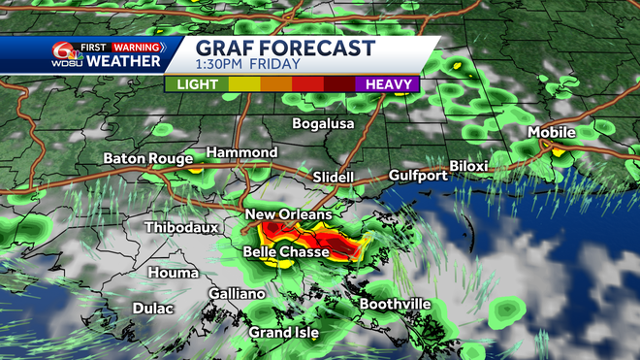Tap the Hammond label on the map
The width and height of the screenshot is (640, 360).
coord(241,153)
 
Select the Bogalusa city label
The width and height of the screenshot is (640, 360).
coord(324,124)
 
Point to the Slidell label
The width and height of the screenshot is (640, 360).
coord(334,178)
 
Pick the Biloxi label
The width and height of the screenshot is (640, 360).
coord(469,166)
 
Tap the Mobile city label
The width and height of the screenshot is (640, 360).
coord(552,132)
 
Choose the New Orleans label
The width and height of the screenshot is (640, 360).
coord(289,214)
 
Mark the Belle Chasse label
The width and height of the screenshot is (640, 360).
coord(284,252)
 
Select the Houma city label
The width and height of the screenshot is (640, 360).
coord(174,273)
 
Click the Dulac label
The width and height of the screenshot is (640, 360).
coord(153,309)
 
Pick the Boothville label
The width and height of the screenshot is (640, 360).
coord(395,305)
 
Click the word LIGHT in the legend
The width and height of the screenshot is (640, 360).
coord(196,84)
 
